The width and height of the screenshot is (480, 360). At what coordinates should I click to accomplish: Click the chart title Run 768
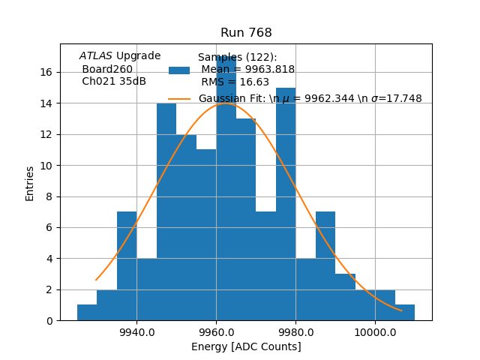(246, 33)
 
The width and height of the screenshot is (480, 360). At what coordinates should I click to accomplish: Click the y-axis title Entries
(30, 183)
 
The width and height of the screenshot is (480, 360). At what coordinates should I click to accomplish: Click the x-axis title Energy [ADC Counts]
(246, 346)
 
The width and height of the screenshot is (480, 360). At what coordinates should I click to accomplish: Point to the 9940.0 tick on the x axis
(136, 332)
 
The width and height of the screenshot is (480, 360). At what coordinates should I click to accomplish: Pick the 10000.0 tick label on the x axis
(375, 332)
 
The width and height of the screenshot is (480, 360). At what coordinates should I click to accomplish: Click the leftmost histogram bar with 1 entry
(87, 313)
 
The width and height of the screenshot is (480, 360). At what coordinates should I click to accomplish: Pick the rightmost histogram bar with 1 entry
(405, 313)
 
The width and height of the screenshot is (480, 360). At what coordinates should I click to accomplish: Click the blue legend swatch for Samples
(179, 70)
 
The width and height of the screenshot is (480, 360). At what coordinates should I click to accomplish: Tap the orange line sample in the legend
(179, 98)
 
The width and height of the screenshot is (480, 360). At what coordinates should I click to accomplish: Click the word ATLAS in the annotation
(96, 55)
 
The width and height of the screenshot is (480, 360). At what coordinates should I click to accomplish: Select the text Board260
(107, 69)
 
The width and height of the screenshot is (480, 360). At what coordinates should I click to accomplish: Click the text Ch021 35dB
(114, 81)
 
